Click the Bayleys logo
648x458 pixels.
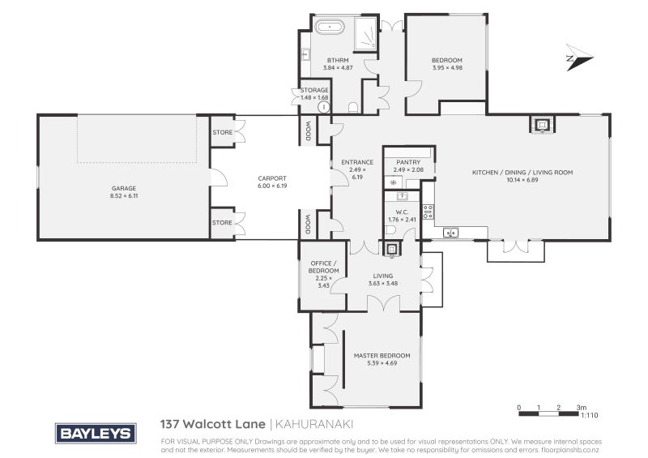pyautogui.click(x=95, y=434)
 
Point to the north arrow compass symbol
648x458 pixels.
pyautogui.click(x=580, y=58)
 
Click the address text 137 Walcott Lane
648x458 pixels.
pyautogui.click(x=212, y=424)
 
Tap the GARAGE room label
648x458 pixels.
pyautogui.click(x=124, y=188)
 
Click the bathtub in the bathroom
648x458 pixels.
pyautogui.click(x=331, y=28)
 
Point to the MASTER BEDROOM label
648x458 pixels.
pyautogui.click(x=382, y=356)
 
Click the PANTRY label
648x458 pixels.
pyautogui.click(x=408, y=162)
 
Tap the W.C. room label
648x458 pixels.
pyautogui.click(x=402, y=214)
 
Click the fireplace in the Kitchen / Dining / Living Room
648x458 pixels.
pyautogui.click(x=541, y=125)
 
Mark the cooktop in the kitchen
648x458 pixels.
pyautogui.click(x=428, y=212)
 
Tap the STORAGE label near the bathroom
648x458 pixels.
pyautogui.click(x=314, y=90)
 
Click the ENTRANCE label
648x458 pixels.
pyautogui.click(x=356, y=162)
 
